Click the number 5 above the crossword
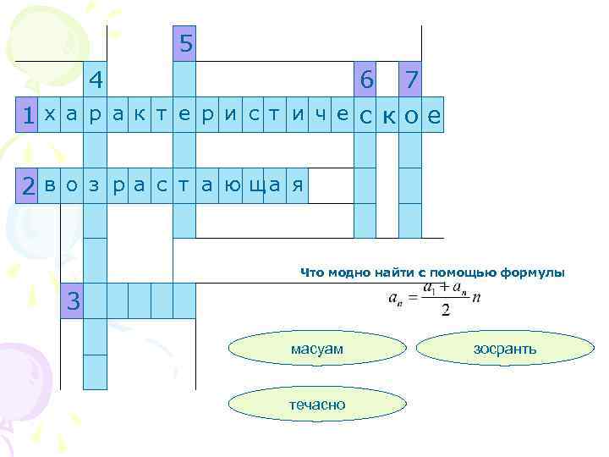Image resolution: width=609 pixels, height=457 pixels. [x=184, y=43]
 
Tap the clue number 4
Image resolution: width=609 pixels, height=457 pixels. [x=96, y=80]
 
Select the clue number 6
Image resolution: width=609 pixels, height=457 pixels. [x=365, y=80]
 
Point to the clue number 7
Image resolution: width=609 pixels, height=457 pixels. [x=411, y=80]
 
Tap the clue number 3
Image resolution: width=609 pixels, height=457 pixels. [x=74, y=300]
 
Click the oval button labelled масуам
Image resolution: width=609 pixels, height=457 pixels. [x=316, y=349]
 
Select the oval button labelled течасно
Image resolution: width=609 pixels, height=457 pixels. [x=316, y=405]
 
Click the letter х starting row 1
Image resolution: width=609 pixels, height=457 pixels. [x=50, y=115]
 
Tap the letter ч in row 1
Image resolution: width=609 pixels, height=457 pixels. [x=320, y=115]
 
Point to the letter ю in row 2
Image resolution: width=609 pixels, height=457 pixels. [x=230, y=185]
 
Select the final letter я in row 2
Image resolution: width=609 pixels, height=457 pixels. [x=297, y=185]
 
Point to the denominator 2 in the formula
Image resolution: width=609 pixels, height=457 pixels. [x=446, y=309]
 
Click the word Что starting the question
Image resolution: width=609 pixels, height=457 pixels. [x=312, y=273]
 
